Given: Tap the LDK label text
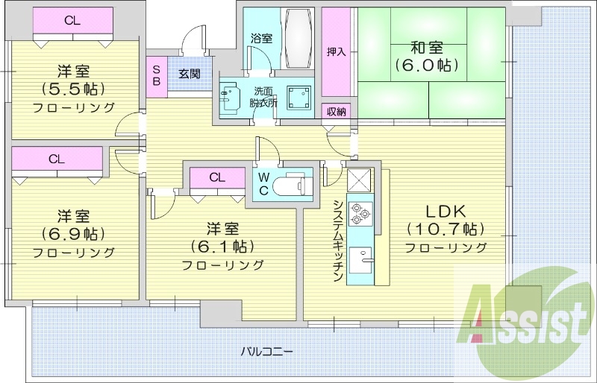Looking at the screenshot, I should (446, 209).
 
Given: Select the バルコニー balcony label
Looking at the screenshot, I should (266, 350).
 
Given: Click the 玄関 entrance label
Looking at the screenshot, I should (190, 74).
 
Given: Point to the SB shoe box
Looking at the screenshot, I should (157, 75).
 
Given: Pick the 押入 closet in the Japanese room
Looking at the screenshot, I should (336, 51).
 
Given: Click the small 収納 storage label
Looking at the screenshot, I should (336, 112).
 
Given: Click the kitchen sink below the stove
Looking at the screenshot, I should (364, 262).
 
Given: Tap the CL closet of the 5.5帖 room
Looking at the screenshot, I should (72, 21).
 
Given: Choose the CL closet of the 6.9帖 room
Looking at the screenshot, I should (57, 159).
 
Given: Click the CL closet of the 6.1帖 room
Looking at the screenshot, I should (216, 177).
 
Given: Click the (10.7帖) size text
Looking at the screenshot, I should (446, 228).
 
